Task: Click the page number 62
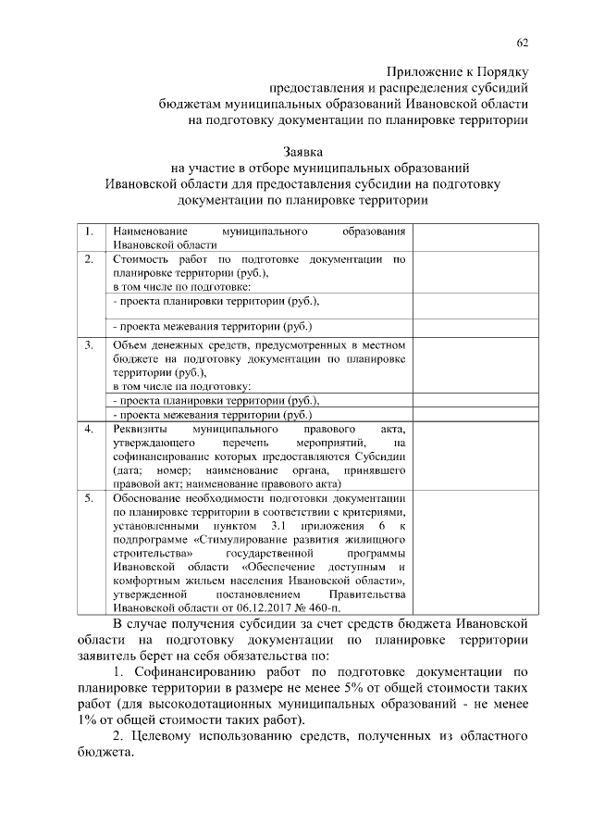tap(523, 43)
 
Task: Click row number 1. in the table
tap(88, 231)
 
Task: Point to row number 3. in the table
tap(88, 345)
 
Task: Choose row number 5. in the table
tap(88, 497)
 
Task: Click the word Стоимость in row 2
tap(139, 260)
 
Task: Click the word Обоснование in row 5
tap(150, 497)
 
